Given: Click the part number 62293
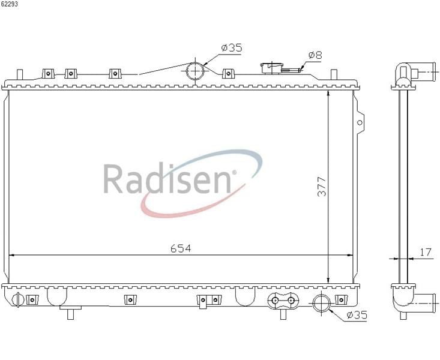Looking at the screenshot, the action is click(10, 5).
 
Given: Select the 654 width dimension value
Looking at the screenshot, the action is click(181, 248).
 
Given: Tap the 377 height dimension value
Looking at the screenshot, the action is click(322, 187).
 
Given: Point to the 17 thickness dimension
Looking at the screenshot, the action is click(426, 252).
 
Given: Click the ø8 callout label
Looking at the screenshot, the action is click(315, 55).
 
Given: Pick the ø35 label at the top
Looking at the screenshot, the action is click(232, 48).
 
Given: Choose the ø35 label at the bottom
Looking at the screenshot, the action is click(357, 315).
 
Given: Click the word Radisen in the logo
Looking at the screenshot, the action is click(167, 179).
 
